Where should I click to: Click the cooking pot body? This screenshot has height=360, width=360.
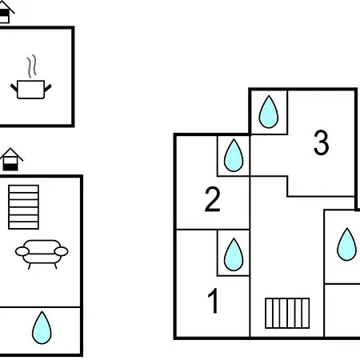tap(30, 90)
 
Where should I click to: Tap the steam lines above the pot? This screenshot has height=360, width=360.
tap(31, 66)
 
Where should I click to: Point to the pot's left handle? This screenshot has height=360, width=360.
tap(14, 88)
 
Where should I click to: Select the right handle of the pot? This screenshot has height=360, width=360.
tap(48, 88)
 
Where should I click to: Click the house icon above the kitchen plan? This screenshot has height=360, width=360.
tap(6, 13)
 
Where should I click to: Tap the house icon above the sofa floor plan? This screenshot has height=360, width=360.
tap(11, 159)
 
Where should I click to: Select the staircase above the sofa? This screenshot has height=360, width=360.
tap(24, 207)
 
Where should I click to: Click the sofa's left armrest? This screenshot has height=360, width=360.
tap(22, 251)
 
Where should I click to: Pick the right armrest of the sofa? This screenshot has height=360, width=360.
tap(62, 251)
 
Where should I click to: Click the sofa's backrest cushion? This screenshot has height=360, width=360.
tap(42, 245)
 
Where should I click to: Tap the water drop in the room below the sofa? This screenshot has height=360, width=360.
tap(42, 328)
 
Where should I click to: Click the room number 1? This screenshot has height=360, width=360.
tap(214, 301)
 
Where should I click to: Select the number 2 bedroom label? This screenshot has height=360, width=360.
tap(213, 199)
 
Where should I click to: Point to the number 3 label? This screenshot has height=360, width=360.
tap(321, 142)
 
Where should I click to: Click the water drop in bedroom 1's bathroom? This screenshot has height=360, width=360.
tap(234, 254)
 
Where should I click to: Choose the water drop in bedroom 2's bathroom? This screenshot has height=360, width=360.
tap(234, 155)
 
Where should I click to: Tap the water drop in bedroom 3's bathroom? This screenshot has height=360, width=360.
tap(269, 112)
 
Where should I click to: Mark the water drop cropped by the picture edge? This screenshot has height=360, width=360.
tap(346, 244)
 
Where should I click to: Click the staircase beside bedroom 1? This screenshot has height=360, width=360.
tap(287, 313)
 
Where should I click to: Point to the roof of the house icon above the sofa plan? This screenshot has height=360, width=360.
tap(11, 154)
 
